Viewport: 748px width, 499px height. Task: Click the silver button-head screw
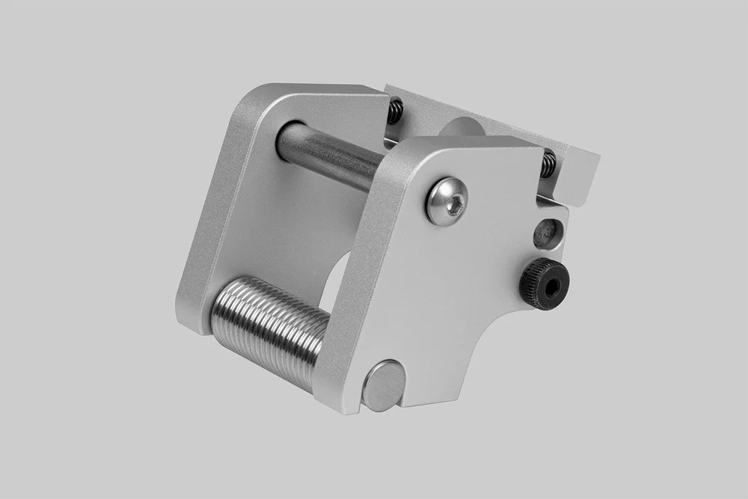(447, 200)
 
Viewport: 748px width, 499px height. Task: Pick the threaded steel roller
(269, 329)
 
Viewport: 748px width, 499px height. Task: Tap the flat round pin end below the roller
(383, 385)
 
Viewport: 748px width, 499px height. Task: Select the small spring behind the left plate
(395, 111)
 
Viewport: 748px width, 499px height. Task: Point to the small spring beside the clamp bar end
(548, 164)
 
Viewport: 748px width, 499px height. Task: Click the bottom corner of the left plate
(187, 322)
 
